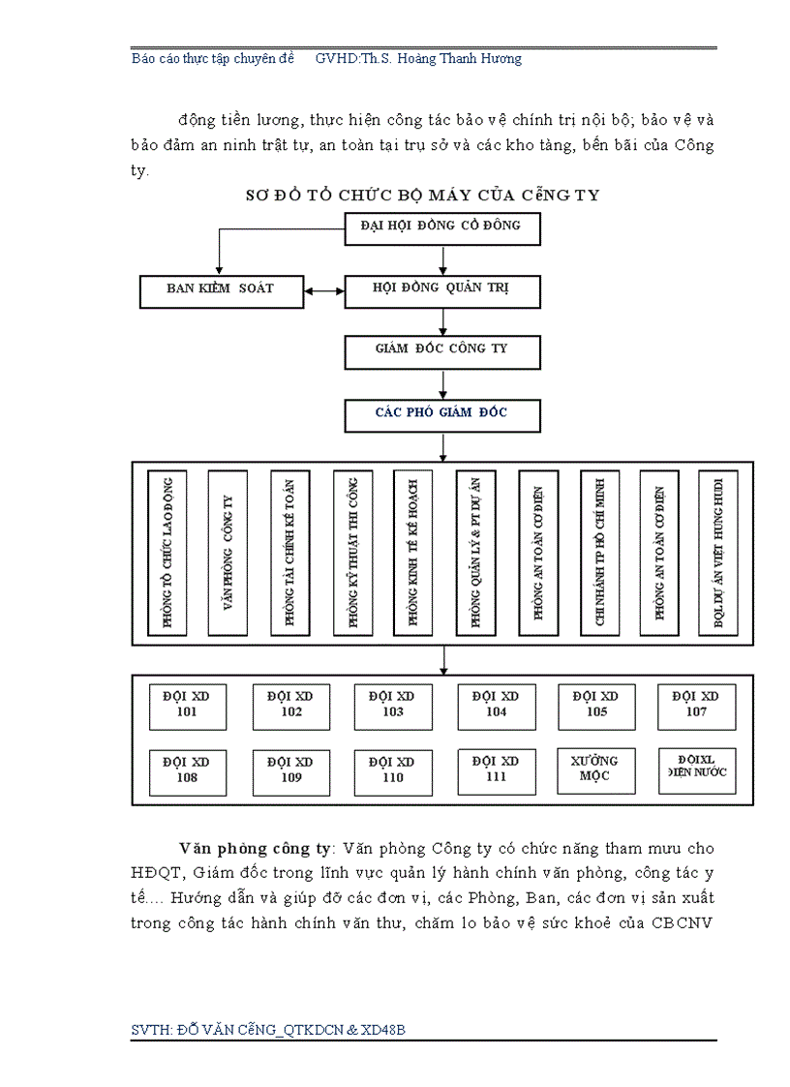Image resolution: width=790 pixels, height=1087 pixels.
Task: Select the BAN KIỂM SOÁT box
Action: pos(222,289)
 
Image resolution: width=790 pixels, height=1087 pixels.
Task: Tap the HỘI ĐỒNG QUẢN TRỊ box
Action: pos(442,289)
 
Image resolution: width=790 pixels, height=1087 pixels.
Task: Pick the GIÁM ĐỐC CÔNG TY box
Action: pos(442,350)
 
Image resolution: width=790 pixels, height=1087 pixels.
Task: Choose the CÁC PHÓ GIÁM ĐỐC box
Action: pos(442,414)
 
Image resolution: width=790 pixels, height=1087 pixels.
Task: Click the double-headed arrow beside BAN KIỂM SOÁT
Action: pos(325,289)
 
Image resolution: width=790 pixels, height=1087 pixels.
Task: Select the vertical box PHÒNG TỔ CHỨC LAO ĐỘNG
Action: pos(167,553)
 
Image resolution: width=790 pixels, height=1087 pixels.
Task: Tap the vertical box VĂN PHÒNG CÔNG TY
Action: pos(228,553)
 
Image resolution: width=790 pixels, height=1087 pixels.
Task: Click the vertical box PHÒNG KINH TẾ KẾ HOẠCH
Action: pos(412,553)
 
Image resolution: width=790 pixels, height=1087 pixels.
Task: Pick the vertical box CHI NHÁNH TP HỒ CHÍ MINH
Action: pos(599,553)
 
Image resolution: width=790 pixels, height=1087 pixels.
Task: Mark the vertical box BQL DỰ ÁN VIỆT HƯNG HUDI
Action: pos(717,553)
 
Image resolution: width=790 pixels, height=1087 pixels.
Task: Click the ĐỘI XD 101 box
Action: pos(187,706)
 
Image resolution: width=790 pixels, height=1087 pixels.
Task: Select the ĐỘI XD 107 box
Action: pos(696,706)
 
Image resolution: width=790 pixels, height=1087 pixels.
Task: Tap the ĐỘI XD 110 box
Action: pos(392,771)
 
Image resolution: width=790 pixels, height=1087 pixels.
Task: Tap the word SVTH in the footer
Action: pos(150,1030)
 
